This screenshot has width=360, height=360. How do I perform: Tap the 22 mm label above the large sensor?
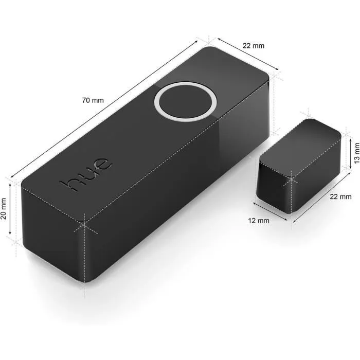pyautogui.click(x=253, y=46)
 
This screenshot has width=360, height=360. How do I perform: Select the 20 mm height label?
pyautogui.click(x=5, y=208)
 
